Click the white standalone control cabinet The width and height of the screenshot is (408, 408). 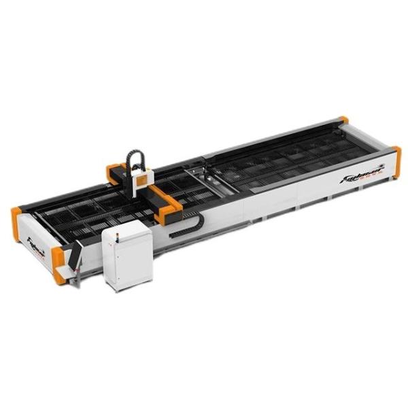[127, 255]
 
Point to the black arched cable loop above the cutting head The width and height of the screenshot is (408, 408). [137, 160]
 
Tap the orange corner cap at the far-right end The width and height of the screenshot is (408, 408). [397, 162]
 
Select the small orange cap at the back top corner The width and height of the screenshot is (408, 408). [344, 120]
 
